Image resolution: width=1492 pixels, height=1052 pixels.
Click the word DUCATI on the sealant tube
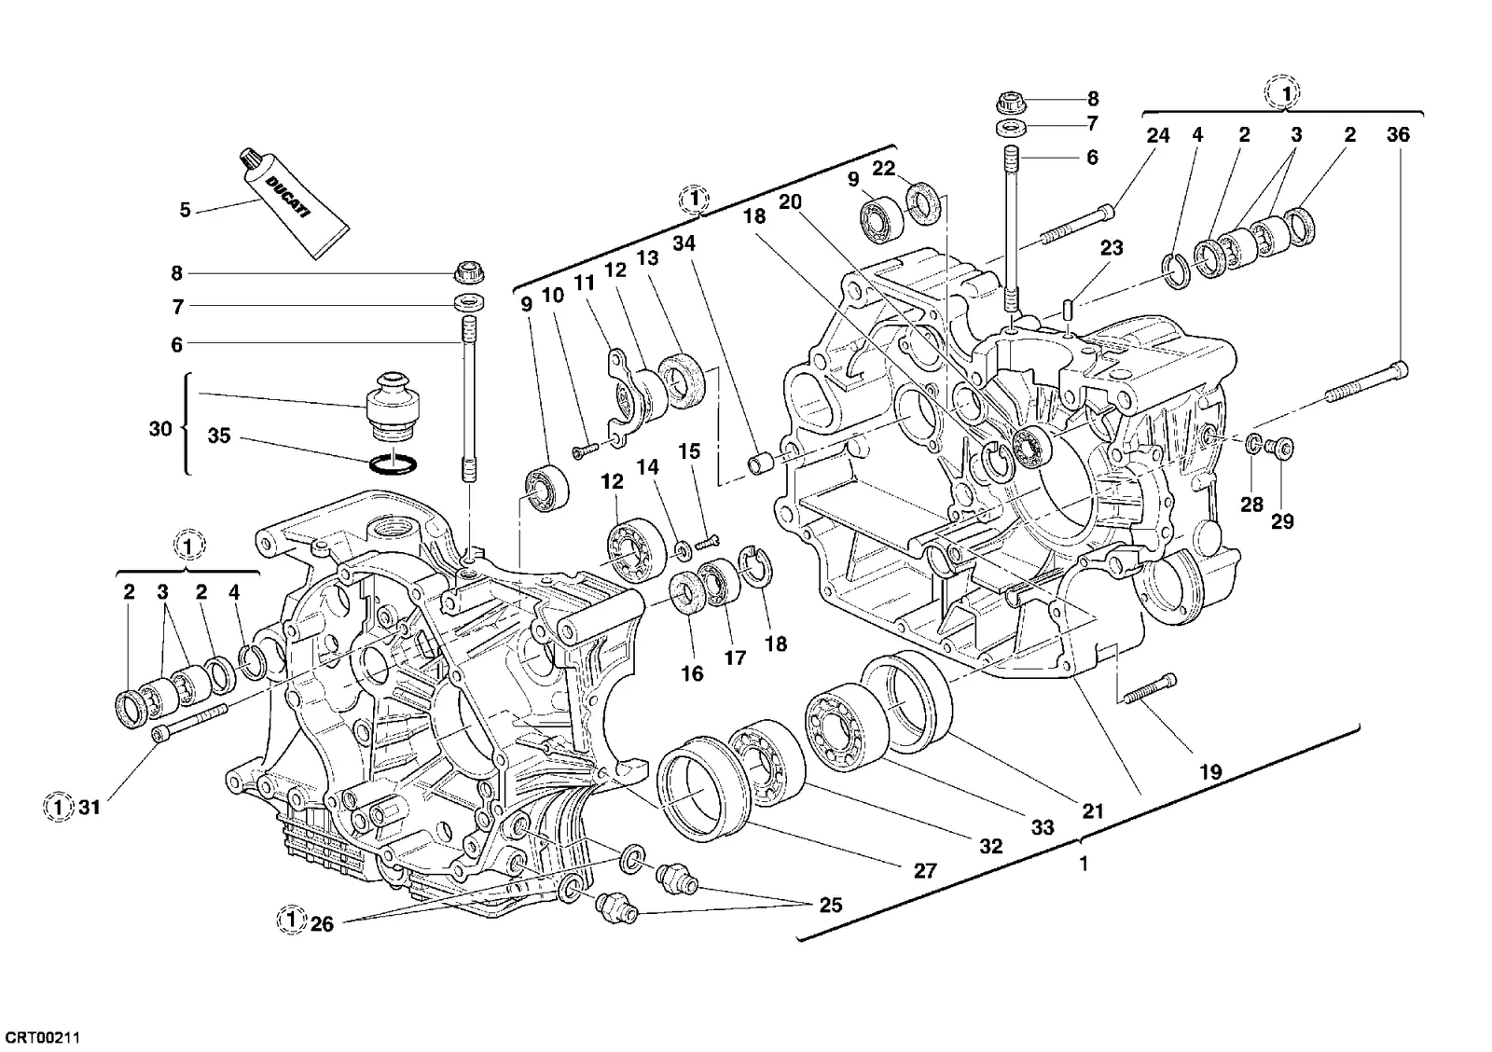(288, 197)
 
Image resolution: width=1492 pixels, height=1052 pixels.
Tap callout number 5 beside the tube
(186, 210)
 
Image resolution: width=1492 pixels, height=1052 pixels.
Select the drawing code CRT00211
(42, 1038)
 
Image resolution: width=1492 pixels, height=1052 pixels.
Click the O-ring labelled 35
(393, 464)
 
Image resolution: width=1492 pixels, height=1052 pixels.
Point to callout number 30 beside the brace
(160, 428)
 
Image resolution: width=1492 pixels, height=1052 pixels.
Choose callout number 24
(1157, 135)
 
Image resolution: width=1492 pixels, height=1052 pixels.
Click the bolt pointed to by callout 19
(1150, 689)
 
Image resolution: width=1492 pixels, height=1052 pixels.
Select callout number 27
(924, 870)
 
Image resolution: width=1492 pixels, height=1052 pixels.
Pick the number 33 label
(1043, 827)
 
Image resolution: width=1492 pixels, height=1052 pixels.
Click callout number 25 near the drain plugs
(830, 905)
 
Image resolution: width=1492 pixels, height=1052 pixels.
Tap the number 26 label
(322, 924)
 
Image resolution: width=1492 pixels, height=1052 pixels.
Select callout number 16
(692, 673)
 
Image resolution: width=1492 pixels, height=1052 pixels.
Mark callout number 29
(1282, 521)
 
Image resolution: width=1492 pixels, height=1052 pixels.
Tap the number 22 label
(883, 169)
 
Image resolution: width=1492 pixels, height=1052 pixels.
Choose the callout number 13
(647, 257)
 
